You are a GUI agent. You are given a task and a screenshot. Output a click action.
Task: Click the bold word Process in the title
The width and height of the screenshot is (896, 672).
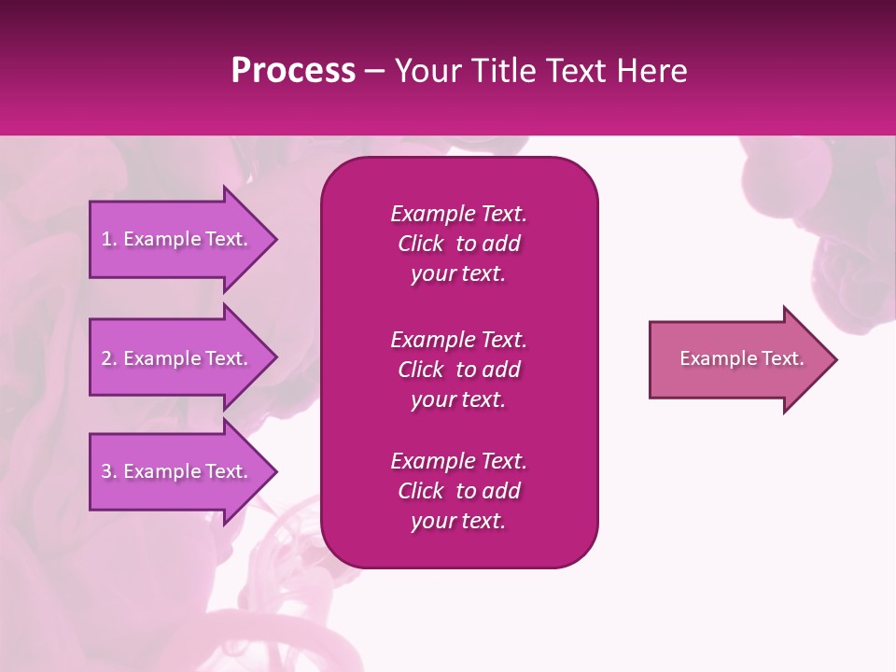click(x=293, y=70)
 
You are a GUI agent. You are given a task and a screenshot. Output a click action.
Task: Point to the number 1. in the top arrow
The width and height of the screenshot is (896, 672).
click(x=109, y=239)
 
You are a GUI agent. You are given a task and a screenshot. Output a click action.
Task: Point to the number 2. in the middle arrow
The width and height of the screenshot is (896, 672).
click(x=109, y=358)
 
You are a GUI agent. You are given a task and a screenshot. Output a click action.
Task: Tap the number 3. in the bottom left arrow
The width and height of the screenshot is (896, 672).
click(x=109, y=471)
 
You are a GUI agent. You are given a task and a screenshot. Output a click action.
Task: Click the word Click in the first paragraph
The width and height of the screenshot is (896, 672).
click(x=420, y=244)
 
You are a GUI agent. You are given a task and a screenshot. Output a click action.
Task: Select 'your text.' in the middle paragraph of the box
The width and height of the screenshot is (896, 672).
click(x=457, y=399)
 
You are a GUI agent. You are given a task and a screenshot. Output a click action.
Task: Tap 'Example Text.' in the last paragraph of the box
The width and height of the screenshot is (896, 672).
click(x=458, y=461)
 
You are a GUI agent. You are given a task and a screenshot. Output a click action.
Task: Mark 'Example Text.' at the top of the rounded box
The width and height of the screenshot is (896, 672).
click(x=458, y=214)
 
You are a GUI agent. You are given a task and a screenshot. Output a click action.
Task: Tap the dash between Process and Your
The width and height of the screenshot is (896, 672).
click(x=375, y=70)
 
